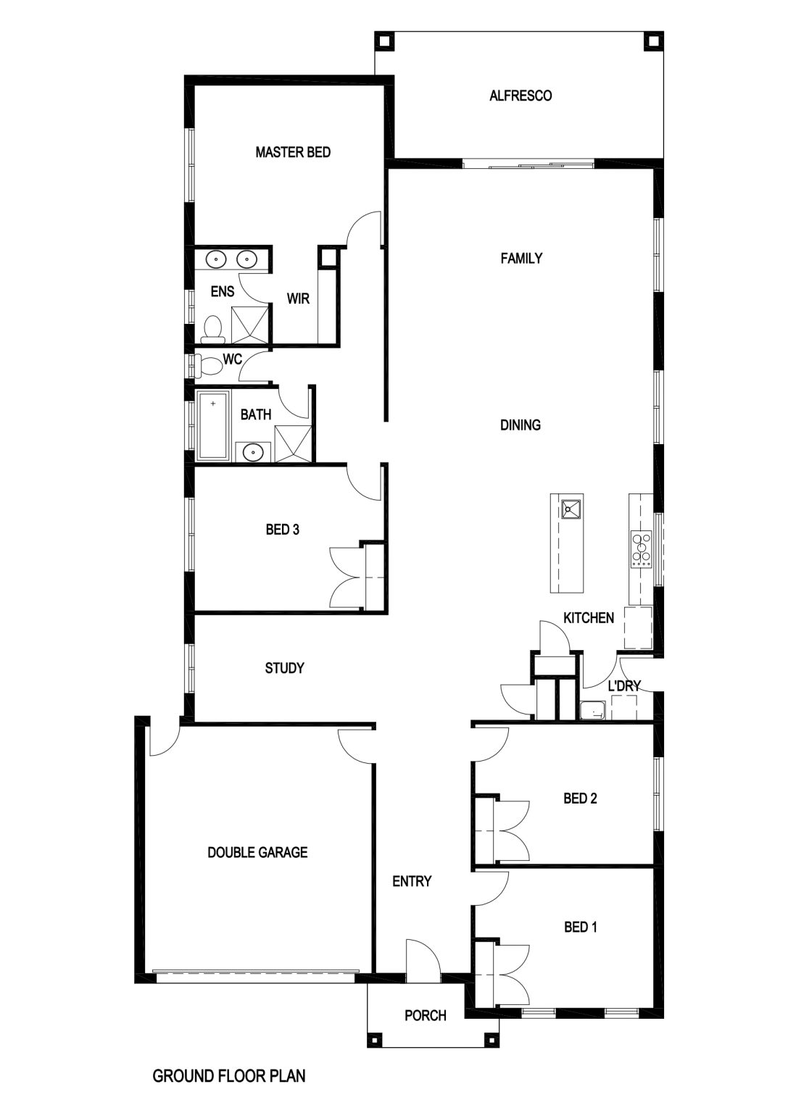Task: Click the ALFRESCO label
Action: point(521,96)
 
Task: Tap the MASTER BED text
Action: point(293,152)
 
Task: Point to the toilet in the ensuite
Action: point(213,329)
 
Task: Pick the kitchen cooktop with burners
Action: point(642,549)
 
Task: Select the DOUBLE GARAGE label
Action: point(257,853)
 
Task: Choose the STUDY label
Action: point(284,668)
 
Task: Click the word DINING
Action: point(520,425)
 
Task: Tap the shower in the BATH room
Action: point(293,443)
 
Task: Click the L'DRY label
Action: point(624,686)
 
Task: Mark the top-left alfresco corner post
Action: point(384,41)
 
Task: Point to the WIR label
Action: point(298,299)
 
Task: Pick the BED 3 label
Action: point(283,530)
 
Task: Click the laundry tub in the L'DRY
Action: point(592,710)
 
